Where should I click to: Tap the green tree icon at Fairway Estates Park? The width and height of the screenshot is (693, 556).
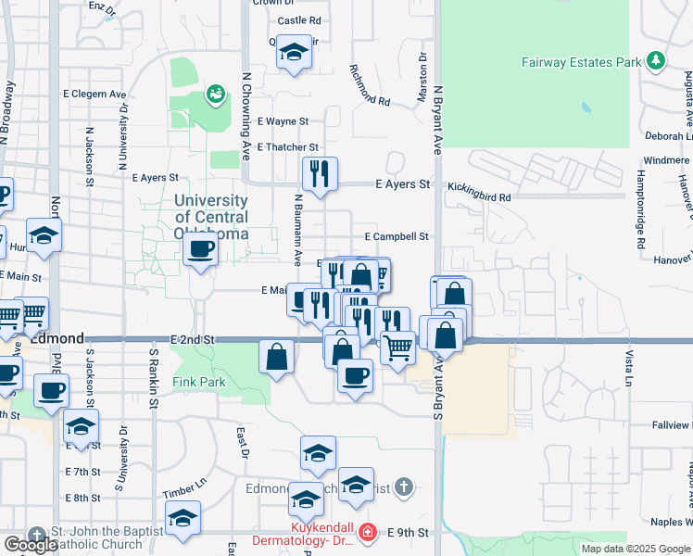pyautogui.click(x=657, y=60)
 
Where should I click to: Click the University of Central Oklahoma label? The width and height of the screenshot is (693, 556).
pyautogui.click(x=211, y=217)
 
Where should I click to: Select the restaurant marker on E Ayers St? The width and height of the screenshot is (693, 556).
pyautogui.click(x=320, y=172)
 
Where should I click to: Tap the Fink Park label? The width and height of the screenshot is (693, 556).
pyautogui.click(x=198, y=382)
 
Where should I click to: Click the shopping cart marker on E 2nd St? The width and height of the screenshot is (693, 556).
pyautogui.click(x=398, y=347)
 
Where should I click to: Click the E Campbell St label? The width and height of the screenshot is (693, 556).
pyautogui.click(x=396, y=236)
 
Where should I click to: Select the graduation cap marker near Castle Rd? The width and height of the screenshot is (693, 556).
pyautogui.click(x=294, y=54)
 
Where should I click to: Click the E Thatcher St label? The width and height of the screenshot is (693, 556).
pyautogui.click(x=288, y=147)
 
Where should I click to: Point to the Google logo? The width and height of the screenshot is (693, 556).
pyautogui.click(x=31, y=545)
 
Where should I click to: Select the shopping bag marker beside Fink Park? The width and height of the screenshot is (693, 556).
pyautogui.click(x=277, y=356)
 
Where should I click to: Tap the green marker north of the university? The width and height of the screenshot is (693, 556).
pyautogui.click(x=216, y=93)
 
